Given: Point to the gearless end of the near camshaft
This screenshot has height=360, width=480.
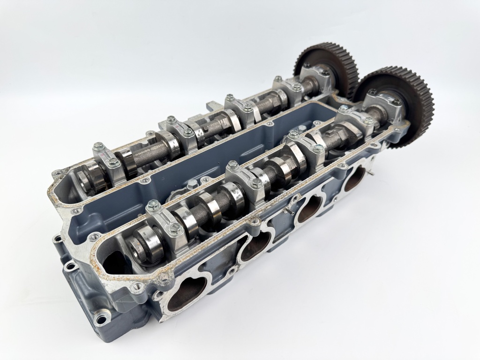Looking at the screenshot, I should tap(136, 246).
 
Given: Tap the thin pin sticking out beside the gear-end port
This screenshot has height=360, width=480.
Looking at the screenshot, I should tap(370, 173).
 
